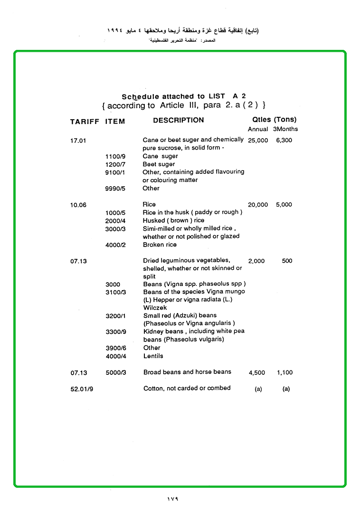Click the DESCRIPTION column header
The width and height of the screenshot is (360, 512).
[178, 121]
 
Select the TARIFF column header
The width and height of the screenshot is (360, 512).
[85, 122]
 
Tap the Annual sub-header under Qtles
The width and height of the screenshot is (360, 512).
[258, 129]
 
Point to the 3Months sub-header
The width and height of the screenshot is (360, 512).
[285, 129]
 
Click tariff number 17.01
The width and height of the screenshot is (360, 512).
[78, 141]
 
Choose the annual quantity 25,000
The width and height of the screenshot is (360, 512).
[258, 141]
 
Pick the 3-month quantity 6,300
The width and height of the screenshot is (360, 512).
[284, 141]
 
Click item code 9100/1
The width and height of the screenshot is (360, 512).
[115, 172]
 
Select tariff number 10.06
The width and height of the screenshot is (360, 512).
[78, 205]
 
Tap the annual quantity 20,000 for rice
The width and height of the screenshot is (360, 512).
[258, 205]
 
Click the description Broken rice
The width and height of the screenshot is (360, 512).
[160, 245]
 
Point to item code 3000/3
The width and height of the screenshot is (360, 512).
[115, 229]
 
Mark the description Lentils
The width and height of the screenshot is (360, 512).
[153, 356]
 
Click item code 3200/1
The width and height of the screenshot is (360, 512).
[115, 316]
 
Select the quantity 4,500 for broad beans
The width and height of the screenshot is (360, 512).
[257, 373]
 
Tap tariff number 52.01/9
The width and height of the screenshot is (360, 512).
[81, 389]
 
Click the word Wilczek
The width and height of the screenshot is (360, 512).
[155, 308]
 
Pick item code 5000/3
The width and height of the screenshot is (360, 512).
[115, 373]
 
